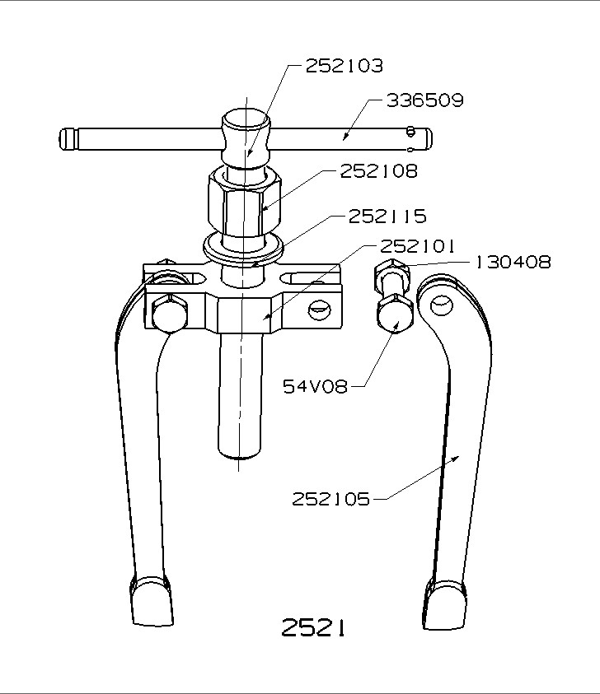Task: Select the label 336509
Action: (x=424, y=100)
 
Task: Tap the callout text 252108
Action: (x=378, y=171)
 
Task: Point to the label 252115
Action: (x=387, y=217)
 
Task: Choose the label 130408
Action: (x=512, y=263)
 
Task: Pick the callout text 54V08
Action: (x=316, y=385)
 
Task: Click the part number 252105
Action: (x=330, y=499)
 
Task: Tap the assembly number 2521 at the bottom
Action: (x=312, y=628)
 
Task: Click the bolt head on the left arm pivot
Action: (x=168, y=311)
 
